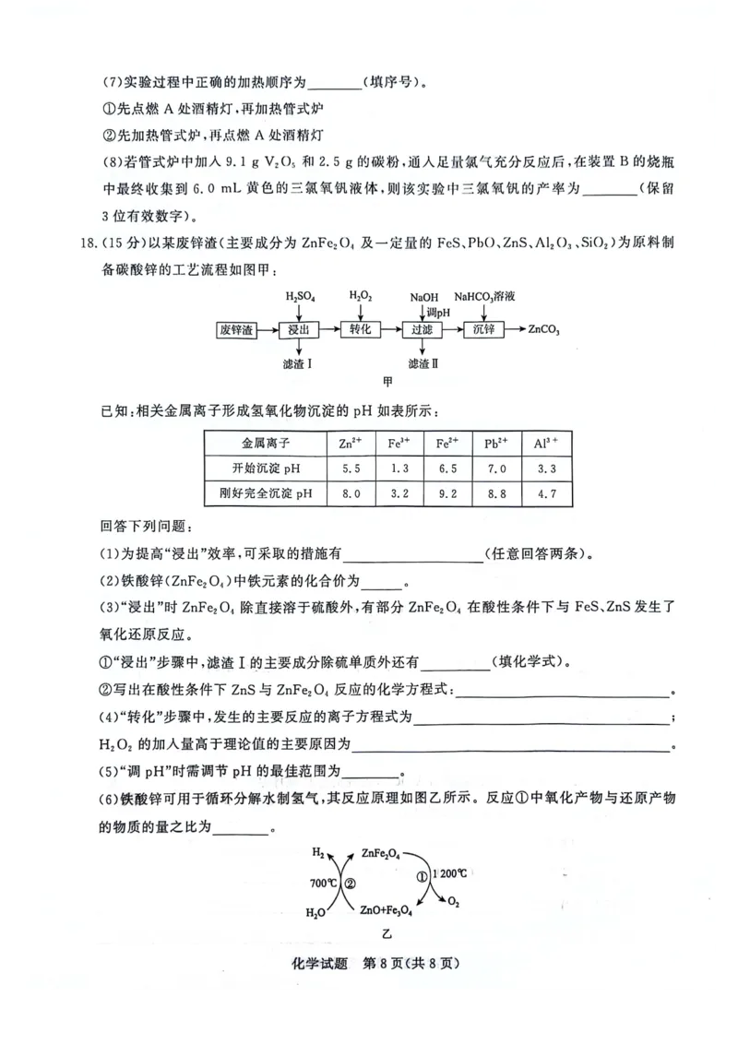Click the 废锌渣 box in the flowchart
pyautogui.click(x=235, y=329)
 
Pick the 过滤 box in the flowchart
pyautogui.click(x=422, y=329)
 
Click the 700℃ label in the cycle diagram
pyautogui.click(x=324, y=882)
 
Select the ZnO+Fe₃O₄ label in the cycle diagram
pyautogui.click(x=387, y=909)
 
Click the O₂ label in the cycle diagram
pyautogui.click(x=453, y=904)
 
